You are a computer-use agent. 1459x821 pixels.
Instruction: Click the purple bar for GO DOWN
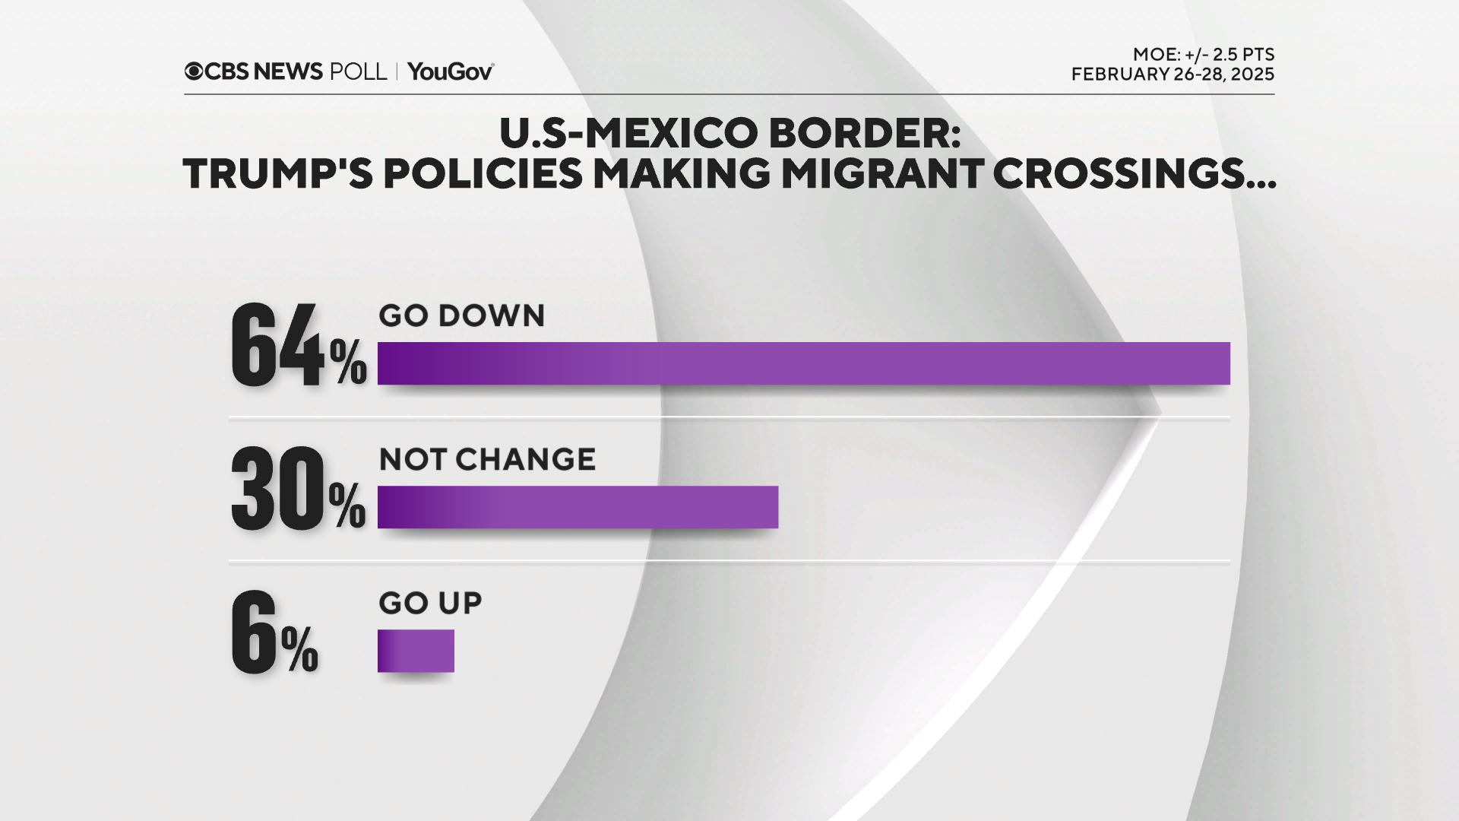coord(803,363)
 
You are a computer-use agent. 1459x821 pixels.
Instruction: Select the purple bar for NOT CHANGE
coord(578,507)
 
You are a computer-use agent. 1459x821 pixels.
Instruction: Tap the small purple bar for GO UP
coord(416,651)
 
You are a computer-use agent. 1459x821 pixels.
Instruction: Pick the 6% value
coord(274,633)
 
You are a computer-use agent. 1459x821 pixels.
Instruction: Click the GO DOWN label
coord(461,315)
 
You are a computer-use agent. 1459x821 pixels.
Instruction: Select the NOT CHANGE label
coord(487,459)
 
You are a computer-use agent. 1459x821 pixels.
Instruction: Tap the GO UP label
coord(430,603)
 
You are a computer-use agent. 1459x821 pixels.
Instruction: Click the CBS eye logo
coord(194,71)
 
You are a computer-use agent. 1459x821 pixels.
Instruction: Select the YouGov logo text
coord(450,71)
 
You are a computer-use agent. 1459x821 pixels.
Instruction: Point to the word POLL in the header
coord(358,71)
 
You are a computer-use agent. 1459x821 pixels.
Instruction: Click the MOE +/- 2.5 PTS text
coord(1203,55)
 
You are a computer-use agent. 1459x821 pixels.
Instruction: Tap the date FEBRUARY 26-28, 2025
coord(1173,74)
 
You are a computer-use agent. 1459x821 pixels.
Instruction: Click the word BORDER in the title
coord(865,133)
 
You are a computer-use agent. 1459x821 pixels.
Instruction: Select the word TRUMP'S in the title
coord(278,174)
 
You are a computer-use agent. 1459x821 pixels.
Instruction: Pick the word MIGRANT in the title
coord(882,174)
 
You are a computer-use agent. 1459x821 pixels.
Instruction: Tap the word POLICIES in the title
coord(483,174)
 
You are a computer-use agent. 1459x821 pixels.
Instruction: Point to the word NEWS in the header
coord(288,71)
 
